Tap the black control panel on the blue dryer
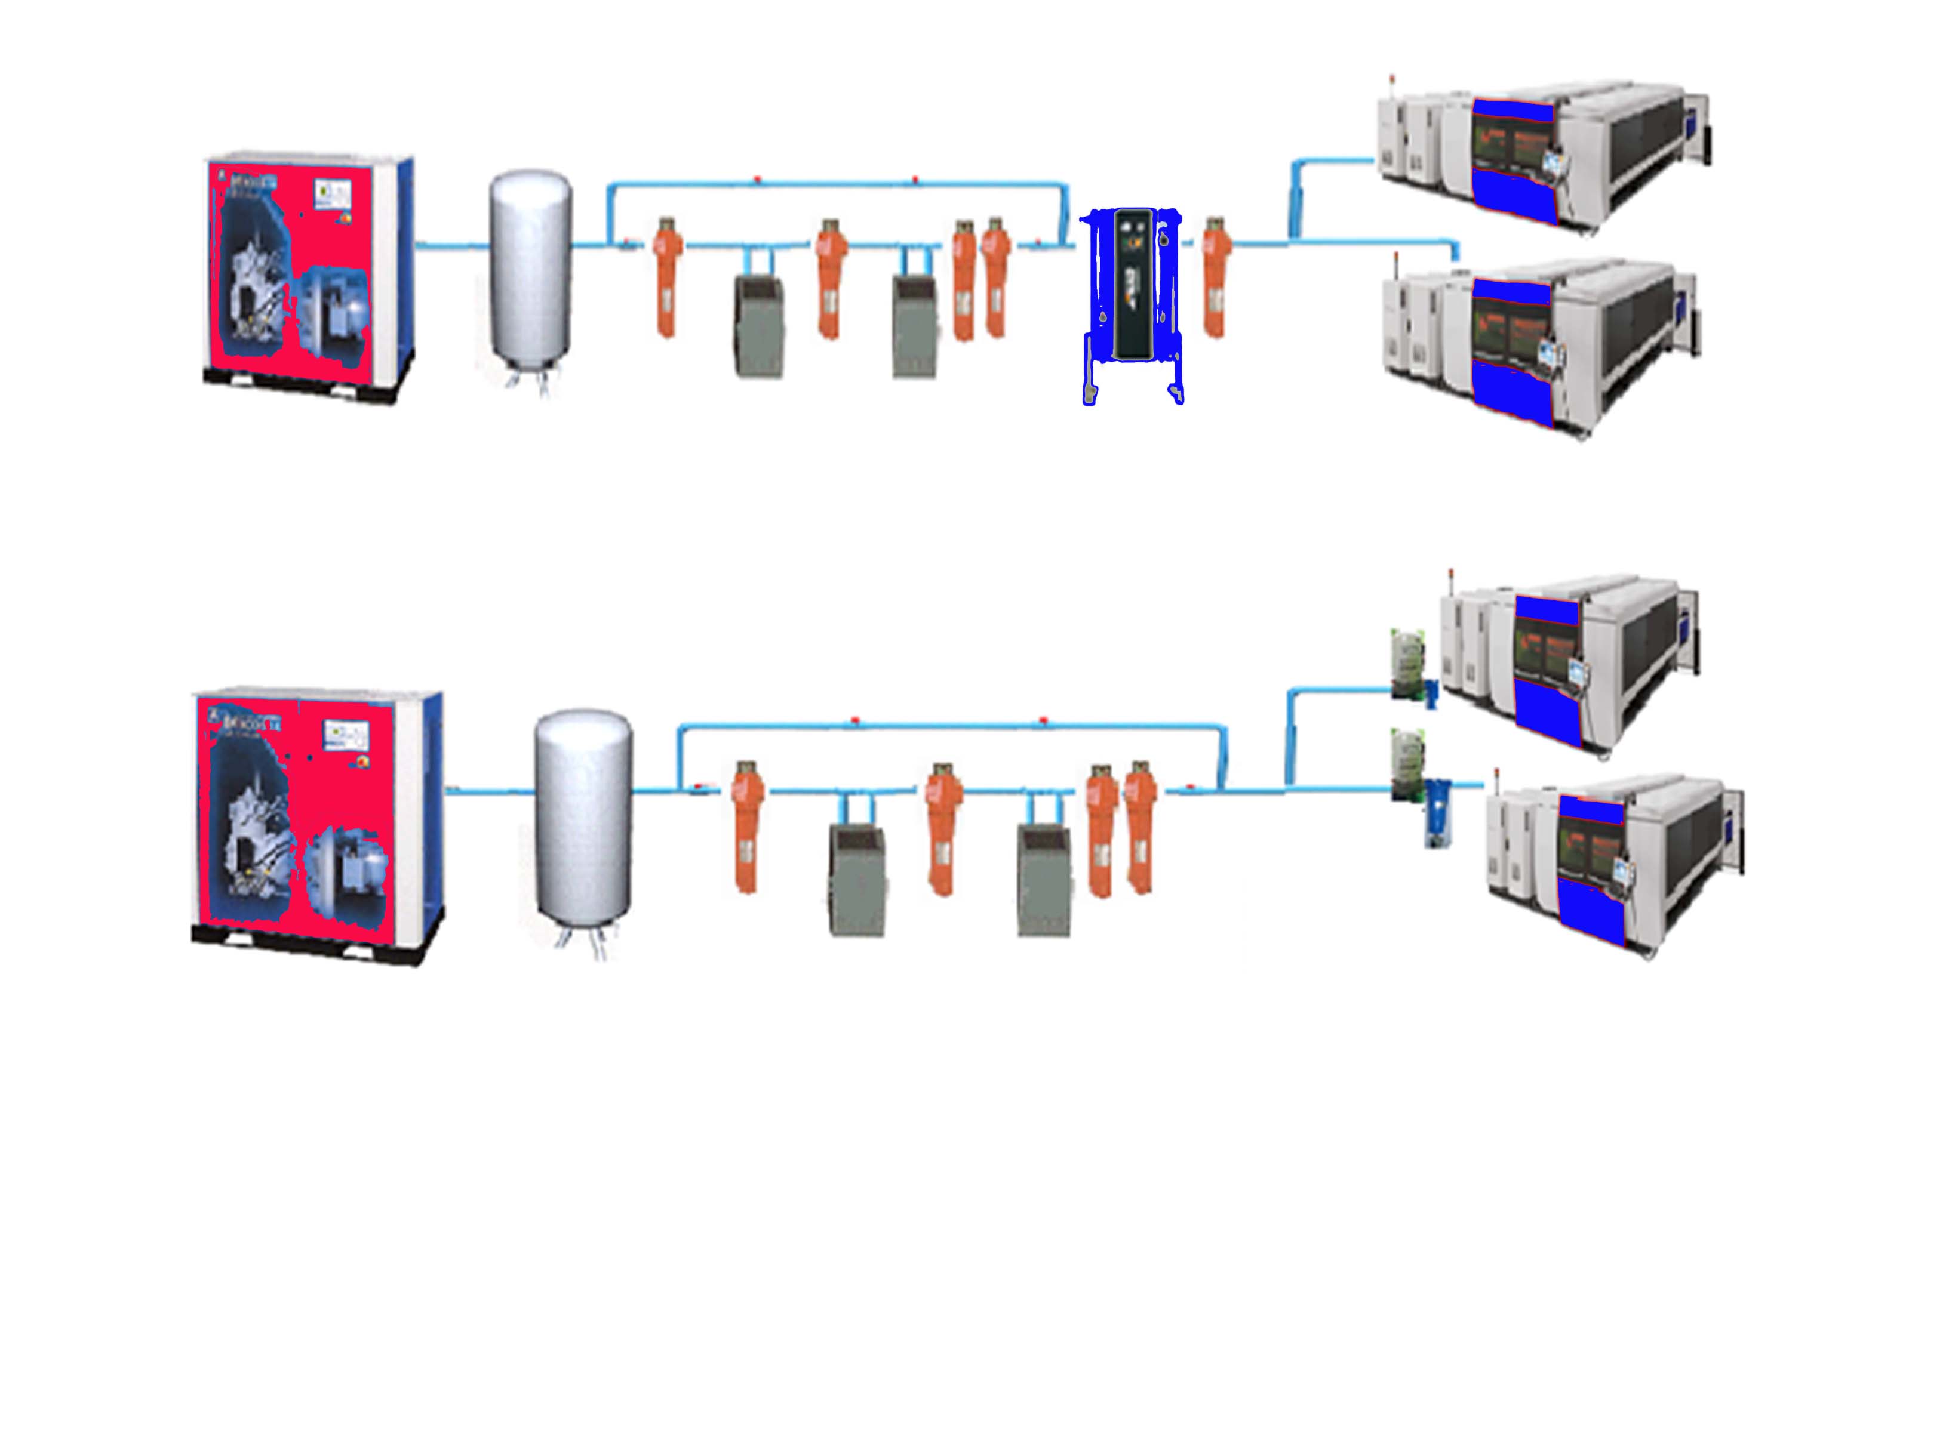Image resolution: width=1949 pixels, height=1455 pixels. (x=1133, y=283)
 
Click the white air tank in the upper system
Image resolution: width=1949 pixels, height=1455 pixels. (x=530, y=268)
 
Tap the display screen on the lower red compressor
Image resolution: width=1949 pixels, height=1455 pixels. (x=345, y=733)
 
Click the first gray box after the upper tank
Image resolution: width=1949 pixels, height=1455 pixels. (x=760, y=326)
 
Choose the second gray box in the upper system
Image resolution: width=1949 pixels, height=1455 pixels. (x=915, y=326)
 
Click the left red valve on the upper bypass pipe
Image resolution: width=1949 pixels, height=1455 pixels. (x=758, y=181)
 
